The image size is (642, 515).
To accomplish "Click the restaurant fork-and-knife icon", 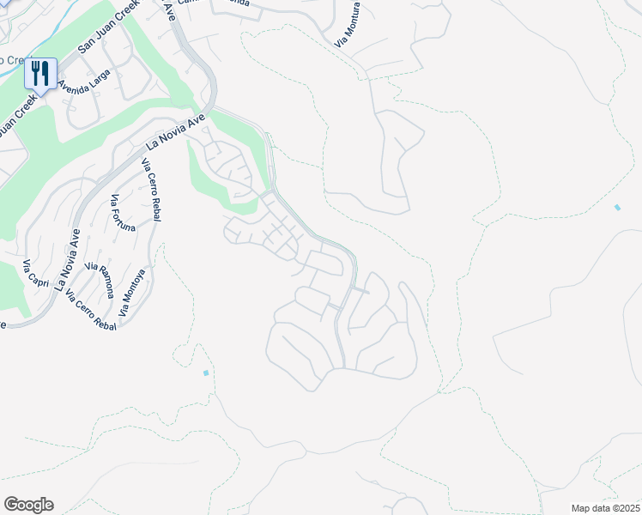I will (40, 75).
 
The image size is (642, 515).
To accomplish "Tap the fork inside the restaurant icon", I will (35, 74).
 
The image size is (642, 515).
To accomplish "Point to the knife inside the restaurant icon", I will (45, 74).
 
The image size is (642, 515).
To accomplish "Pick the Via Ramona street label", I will (100, 280).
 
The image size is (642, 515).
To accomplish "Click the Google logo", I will (28, 505).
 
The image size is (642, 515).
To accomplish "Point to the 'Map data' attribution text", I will (591, 508).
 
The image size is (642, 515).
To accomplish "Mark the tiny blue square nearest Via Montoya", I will (206, 373).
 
